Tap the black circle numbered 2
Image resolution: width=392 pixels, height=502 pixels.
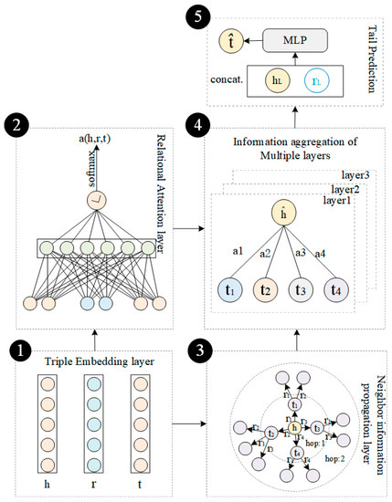pyautogui.click(x=18, y=120)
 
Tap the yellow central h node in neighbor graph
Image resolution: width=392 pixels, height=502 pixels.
pyautogui.click(x=294, y=427)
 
